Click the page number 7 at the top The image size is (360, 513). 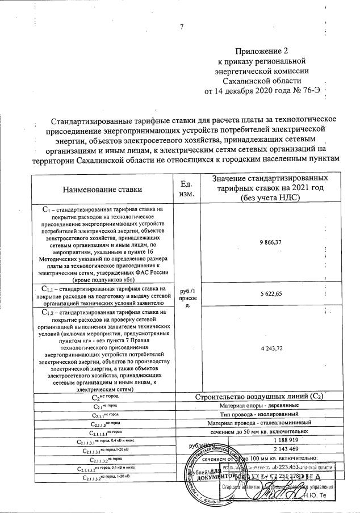coord(182,27)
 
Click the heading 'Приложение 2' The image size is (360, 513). coord(262,50)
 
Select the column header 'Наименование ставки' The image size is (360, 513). coord(103,189)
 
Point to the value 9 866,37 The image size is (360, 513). coord(271,242)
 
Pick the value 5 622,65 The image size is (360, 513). coord(271,293)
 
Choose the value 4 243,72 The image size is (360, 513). coord(271,348)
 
